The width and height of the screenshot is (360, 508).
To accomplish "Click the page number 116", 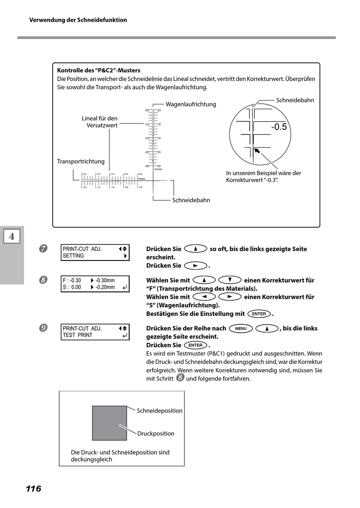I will coord(33,489).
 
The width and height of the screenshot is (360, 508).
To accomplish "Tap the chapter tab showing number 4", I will coord(12,236).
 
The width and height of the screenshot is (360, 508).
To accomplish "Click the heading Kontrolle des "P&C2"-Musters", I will coord(99,70).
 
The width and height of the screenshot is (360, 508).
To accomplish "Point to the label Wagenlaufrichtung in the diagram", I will coord(191,104).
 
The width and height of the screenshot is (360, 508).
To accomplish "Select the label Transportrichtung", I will coord(81,161).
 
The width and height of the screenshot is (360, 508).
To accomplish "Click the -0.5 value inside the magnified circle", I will coord(279,127).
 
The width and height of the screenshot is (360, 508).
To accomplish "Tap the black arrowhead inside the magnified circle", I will coord(257,151).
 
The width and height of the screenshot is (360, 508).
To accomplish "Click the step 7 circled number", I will coord(43,249).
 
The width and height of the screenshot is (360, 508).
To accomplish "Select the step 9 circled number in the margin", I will coord(43,328).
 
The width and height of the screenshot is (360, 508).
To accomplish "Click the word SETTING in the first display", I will coord(74,256).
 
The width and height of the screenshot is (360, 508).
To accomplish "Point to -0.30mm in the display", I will coord(105,280).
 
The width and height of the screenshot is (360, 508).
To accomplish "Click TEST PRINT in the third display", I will coord(77,335).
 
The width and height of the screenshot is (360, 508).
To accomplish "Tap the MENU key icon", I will coord(241,328).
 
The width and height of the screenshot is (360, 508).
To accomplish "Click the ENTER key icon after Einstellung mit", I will coord(259,314).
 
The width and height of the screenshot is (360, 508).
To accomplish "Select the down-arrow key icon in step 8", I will coord(230,280).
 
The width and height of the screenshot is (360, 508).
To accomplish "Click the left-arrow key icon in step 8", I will coord(204,297).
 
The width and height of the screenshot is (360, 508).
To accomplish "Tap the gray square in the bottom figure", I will coord(110,423).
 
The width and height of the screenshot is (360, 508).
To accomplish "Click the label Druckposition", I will coord(156,433).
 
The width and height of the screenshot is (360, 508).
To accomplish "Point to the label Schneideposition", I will coord(160,411).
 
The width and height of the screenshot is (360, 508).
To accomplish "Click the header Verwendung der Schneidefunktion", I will coord(78,20).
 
